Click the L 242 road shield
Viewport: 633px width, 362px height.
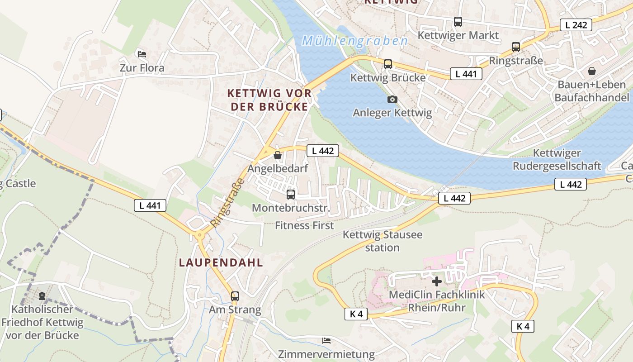[x=576, y=25]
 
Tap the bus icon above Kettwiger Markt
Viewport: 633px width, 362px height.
[x=458, y=21]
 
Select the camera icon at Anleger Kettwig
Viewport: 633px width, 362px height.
[x=392, y=99]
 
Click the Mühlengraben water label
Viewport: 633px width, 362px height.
[x=355, y=41]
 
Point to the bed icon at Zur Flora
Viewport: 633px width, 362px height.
[x=142, y=54]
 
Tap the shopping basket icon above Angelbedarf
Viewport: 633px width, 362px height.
[x=278, y=155]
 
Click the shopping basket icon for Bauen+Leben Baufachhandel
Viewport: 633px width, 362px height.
[x=591, y=71]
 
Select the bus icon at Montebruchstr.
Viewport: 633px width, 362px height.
[x=291, y=195]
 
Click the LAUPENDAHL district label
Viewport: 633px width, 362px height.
[x=221, y=262]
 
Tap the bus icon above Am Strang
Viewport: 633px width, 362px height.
[x=235, y=296]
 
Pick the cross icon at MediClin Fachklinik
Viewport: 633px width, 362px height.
[x=436, y=281]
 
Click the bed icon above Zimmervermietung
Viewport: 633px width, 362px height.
[x=326, y=340]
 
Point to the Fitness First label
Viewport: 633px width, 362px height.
[x=304, y=225]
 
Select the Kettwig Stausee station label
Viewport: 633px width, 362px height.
[x=383, y=241]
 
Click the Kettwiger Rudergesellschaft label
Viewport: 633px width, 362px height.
[x=557, y=160]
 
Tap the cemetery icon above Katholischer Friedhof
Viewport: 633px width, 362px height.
[x=42, y=296]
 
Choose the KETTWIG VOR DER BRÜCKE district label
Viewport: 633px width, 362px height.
[x=269, y=100]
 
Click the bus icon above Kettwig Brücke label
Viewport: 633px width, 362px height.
[x=388, y=64]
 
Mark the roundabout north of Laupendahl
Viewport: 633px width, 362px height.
[x=199, y=235]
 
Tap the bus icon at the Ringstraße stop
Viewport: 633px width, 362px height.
[x=516, y=47]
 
